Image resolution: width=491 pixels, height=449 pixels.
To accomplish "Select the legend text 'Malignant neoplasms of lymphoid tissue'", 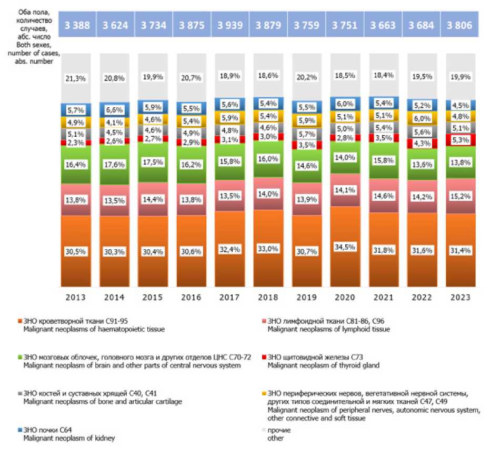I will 329,330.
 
